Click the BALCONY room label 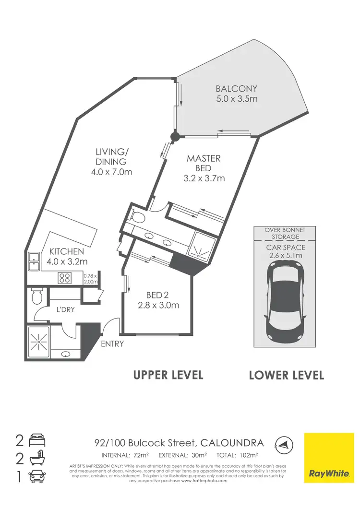tap(236, 89)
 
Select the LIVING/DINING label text tap(112, 157)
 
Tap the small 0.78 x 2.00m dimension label tap(90, 279)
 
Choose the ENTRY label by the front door tap(112, 343)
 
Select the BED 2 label tap(158, 296)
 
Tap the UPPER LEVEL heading tap(168, 375)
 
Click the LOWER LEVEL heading tap(286, 375)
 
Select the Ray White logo tap(329, 458)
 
